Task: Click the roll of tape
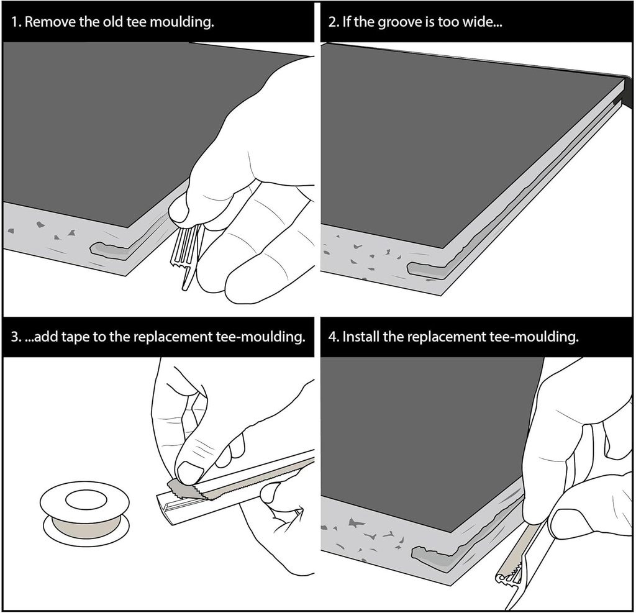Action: click(x=86, y=513)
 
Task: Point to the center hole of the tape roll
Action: click(x=86, y=501)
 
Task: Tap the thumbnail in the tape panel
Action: click(x=191, y=472)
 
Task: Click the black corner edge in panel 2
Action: click(x=627, y=90)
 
